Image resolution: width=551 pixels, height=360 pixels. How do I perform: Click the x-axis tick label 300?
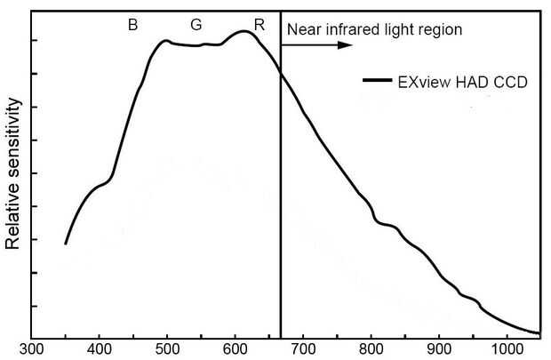32,350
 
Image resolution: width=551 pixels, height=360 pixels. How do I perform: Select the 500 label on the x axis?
167,350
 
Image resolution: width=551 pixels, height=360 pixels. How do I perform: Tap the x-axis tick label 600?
235,350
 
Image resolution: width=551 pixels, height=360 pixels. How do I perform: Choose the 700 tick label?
303,350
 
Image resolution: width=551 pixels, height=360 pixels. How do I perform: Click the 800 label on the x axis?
371,350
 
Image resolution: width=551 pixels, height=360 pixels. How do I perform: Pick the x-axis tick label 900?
439,350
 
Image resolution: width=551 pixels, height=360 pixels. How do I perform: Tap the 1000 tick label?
507,350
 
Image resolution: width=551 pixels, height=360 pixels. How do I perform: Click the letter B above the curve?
132,25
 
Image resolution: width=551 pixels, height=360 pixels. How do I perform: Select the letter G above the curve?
196,25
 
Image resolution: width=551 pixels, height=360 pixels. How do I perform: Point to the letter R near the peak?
259,25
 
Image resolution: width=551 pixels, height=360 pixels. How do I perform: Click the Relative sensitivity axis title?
13,177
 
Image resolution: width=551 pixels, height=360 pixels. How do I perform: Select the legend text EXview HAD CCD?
462,82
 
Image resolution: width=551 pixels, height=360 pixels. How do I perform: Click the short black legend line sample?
378,82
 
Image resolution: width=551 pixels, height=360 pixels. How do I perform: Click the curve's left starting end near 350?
66,243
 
